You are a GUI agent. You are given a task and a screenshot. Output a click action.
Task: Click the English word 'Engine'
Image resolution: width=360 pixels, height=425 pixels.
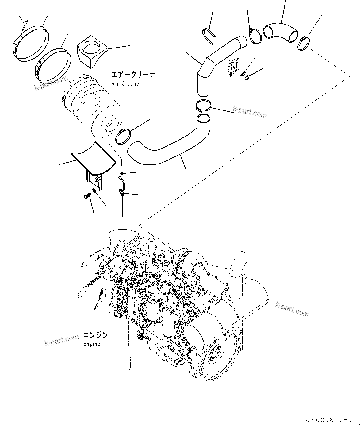[92, 344]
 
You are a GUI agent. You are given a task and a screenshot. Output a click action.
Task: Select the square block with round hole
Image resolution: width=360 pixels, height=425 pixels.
[92, 50]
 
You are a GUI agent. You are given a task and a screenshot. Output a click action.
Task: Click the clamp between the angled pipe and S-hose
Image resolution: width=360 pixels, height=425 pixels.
[203, 107]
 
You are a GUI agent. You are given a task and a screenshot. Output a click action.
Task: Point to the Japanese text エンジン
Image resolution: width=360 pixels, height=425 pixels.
[95, 335]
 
